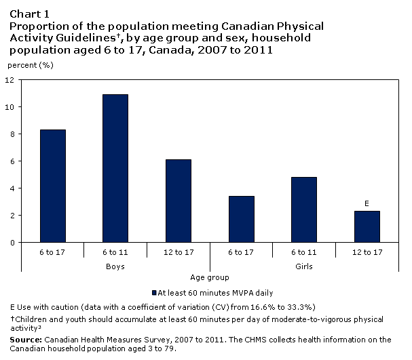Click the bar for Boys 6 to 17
click(53, 186)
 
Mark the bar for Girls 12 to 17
click(366, 226)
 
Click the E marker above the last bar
click(366, 203)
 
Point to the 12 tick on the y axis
click(10, 80)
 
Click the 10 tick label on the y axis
click(10, 107)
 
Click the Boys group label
click(115, 266)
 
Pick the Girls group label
click(303, 266)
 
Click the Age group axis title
click(209, 277)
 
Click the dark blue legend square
click(153, 294)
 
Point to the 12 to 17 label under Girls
click(366, 252)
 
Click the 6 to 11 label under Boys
click(115, 252)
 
